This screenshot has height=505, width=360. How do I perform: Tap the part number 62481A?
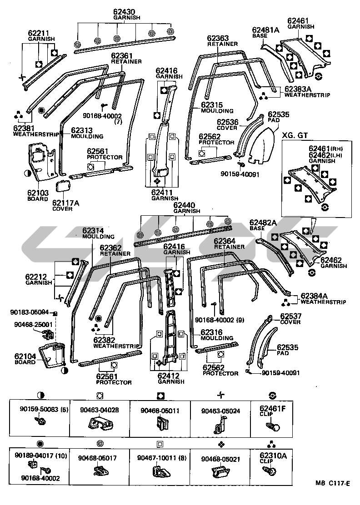[x=265, y=30]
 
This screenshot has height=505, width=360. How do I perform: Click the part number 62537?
[x=291, y=316]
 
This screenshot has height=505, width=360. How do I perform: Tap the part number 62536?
[x=227, y=122]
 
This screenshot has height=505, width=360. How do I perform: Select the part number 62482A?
[x=263, y=223]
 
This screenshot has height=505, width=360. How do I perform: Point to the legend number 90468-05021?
[x=220, y=458]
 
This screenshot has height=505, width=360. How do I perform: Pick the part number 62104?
[x=26, y=356]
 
